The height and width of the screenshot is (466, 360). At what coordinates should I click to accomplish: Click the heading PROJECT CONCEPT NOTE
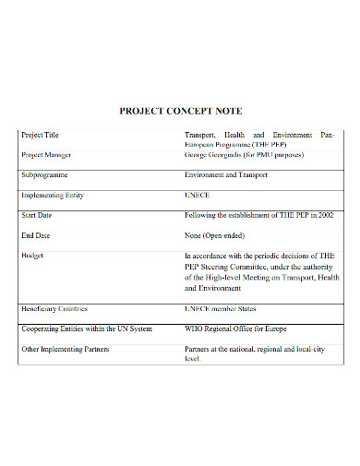pyautogui.click(x=180, y=111)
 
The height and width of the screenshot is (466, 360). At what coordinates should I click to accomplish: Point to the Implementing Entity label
pyautogui.click(x=51, y=196)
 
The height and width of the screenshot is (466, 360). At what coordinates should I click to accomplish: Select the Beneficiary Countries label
pyautogui.click(x=54, y=308)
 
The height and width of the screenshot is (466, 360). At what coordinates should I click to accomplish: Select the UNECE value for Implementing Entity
pyautogui.click(x=198, y=196)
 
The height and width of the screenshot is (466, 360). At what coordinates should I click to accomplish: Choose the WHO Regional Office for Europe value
pyautogui.click(x=237, y=329)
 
